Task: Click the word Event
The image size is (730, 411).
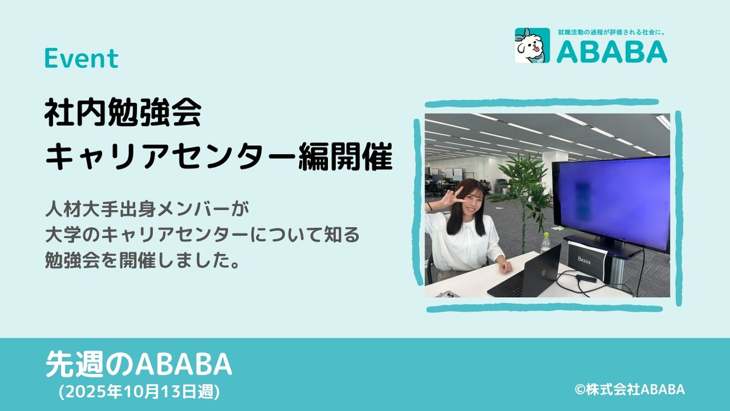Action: click(x=81, y=59)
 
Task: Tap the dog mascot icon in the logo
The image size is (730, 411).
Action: click(x=532, y=46)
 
